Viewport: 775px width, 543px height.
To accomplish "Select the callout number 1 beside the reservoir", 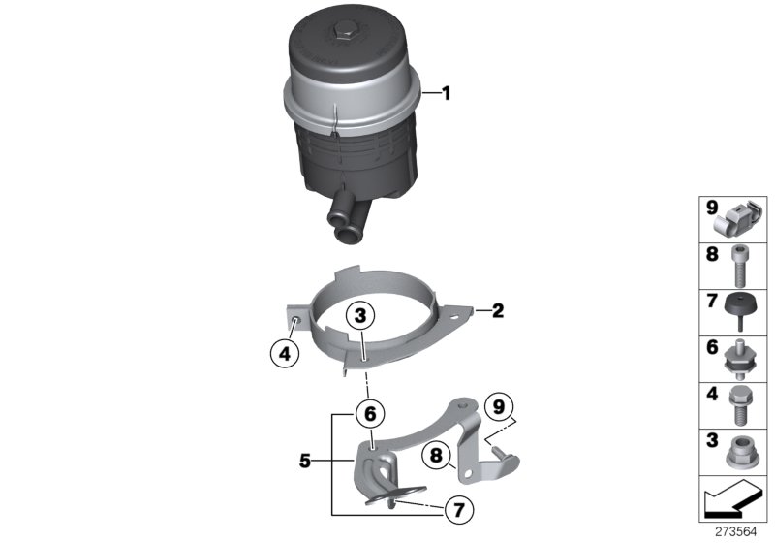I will click(447, 94).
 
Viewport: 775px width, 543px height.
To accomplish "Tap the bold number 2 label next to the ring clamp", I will click(497, 311).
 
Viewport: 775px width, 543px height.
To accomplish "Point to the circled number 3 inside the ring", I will click(360, 316).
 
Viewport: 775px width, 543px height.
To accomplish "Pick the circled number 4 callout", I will click(284, 355).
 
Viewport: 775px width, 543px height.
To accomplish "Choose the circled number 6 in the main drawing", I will click(367, 413).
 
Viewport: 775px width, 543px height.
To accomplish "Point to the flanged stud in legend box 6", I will click(741, 358).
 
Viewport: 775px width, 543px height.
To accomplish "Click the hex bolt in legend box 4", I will click(741, 404).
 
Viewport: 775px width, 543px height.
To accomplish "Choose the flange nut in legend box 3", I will click(741, 452).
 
